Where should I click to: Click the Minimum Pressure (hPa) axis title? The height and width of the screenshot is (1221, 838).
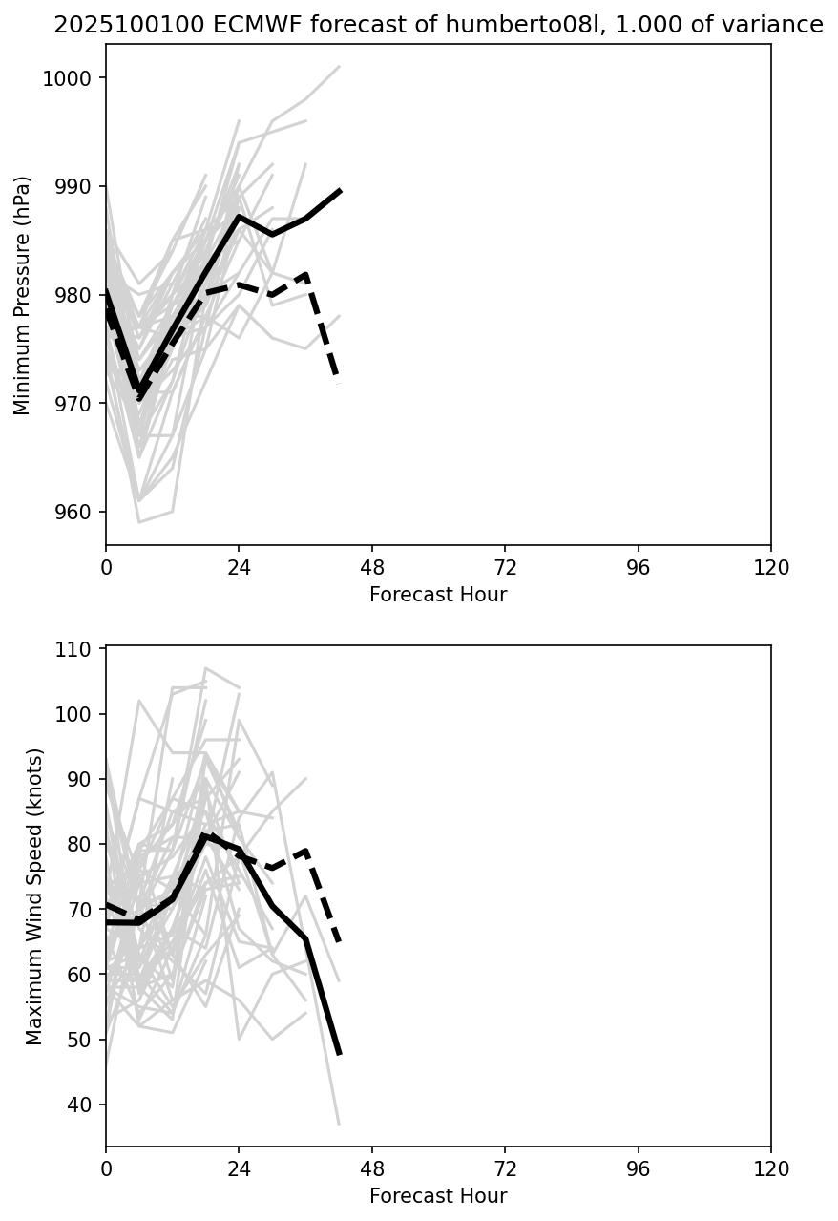[x=23, y=295]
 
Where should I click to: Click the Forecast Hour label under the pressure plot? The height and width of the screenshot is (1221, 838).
[x=438, y=595]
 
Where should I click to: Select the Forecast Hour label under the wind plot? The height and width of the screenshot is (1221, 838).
[x=438, y=1196]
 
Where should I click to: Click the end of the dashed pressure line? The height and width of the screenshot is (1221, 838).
[x=339, y=383]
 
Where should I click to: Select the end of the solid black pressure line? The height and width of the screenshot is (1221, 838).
[x=340, y=190]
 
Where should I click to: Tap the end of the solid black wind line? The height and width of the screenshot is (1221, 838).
[x=340, y=1054]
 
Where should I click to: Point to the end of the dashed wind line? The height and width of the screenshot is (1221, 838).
[x=340, y=941]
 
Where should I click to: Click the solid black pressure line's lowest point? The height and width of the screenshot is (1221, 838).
[x=139, y=392]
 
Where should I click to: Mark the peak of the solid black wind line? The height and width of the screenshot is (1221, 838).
[x=205, y=836]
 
